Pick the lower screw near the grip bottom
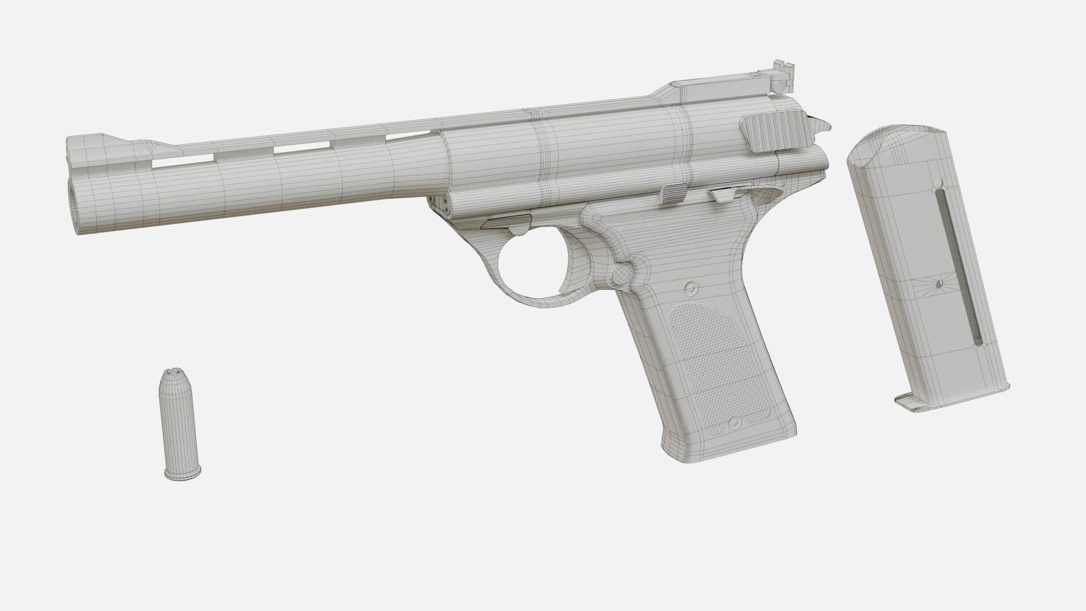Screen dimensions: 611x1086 tap(734, 422)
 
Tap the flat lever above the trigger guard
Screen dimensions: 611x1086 tap(506, 222)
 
